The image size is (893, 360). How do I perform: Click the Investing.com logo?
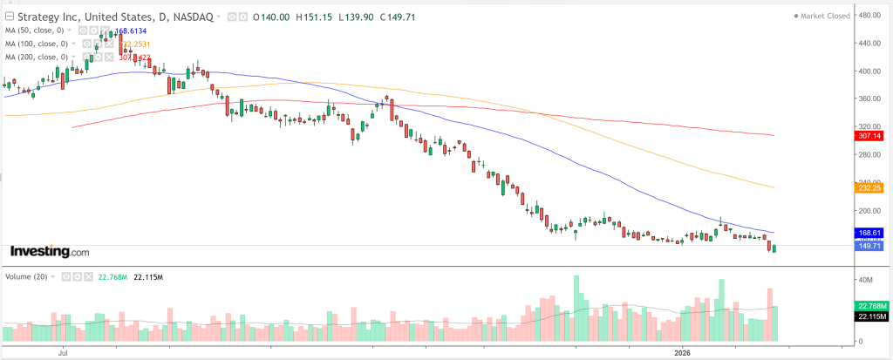click(50, 251)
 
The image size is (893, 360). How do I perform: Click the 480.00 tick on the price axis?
click(869, 15)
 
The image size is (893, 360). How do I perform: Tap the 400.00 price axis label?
click(869, 71)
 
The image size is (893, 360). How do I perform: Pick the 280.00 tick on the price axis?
click(869, 155)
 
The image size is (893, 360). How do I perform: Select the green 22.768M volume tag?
click(872, 305)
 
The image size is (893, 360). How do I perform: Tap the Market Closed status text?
click(826, 16)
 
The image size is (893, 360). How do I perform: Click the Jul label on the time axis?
click(63, 353)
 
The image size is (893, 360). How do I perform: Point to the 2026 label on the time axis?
click(683, 353)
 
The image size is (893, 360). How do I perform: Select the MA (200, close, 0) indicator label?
click(36, 58)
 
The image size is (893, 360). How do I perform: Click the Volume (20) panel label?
click(24, 276)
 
